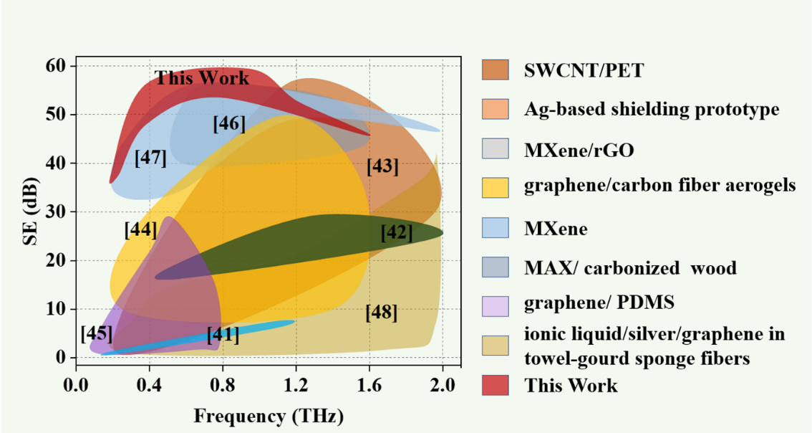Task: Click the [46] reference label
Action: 229,123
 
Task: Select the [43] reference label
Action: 382,166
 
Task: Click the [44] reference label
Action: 140,230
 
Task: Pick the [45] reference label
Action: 96,333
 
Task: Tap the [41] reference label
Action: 223,334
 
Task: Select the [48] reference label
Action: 381,313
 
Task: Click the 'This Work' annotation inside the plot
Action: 203,77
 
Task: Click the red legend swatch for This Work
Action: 496,385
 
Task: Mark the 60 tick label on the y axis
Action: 57,66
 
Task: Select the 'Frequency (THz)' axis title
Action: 259,416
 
